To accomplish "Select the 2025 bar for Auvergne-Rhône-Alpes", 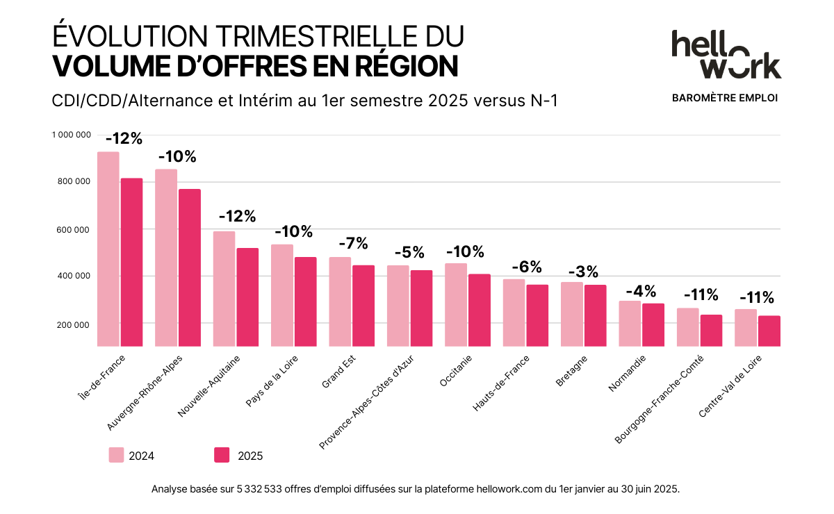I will (x=189, y=267).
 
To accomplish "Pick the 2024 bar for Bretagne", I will (x=571, y=314).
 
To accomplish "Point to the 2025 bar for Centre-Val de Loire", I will (x=769, y=331).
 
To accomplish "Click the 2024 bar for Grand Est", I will (x=339, y=301).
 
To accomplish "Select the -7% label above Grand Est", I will (x=352, y=244).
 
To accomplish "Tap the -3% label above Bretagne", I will (x=582, y=272).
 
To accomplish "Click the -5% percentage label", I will (x=409, y=252).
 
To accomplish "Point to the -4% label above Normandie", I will (x=641, y=291).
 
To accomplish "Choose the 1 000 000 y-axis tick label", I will (x=72, y=135).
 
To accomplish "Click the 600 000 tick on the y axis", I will (x=76, y=230).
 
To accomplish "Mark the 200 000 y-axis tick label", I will (x=76, y=324).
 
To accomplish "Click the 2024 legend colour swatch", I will (x=116, y=455).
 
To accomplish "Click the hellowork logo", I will (x=726, y=54).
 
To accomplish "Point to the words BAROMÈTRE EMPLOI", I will (x=725, y=98).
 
